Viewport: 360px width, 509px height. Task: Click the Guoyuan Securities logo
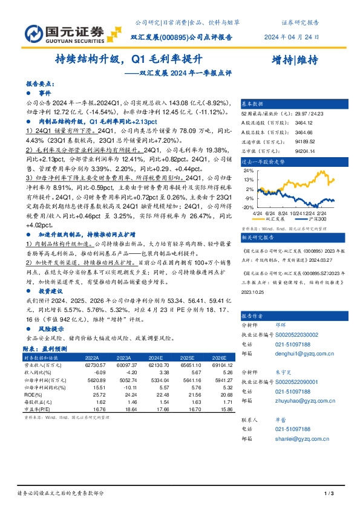[57, 31]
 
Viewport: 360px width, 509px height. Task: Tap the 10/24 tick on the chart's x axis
[297, 212]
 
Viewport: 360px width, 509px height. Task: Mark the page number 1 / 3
[329, 494]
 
